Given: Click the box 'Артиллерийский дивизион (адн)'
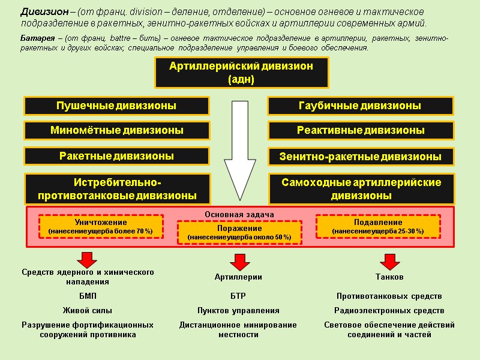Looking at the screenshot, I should coord(241,73).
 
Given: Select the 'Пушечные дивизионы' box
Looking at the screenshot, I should coord(116,106).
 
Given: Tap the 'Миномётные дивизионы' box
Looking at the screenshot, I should coord(116,130).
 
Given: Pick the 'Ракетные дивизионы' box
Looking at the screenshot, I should coord(116,156).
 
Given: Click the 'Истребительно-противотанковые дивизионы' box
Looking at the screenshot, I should coord(117,188).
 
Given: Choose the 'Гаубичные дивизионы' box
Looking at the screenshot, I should coord(359,106).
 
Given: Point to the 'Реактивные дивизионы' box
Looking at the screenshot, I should coord(360,130).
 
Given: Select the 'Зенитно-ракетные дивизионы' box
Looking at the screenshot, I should coord(360,157).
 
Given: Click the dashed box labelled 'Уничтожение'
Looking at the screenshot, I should coord(101,226).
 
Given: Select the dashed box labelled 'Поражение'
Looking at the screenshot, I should coord(239,233).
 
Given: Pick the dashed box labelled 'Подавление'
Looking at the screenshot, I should coord(378,226).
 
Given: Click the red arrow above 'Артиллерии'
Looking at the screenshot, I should coord(239,261).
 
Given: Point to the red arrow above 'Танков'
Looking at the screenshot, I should coord(389,261).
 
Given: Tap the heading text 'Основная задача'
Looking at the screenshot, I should coord(239,214).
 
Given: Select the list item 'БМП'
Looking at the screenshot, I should coord(88,296).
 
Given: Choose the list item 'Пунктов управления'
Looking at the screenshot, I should coord(238,311).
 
